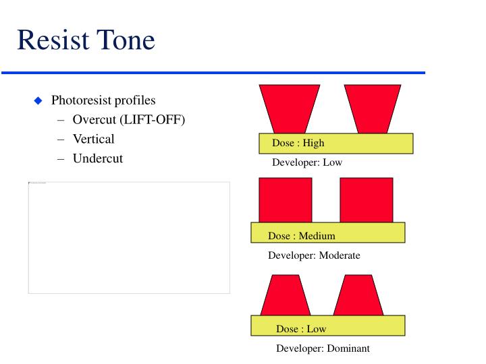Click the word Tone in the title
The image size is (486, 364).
pos(128,40)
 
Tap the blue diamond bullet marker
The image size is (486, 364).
pos(38,101)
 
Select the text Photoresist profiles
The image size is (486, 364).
pos(103,100)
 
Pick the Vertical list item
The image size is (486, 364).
pos(93,140)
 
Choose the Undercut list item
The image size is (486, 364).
pos(98,159)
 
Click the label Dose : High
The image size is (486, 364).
pos(298,143)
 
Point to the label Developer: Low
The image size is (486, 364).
pos(306,163)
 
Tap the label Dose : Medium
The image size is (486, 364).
pos(301,236)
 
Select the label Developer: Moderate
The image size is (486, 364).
pos(314,255)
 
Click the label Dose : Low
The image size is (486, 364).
pos(300,329)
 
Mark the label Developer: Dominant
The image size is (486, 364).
pos(323,348)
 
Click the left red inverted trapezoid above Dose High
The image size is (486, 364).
pos(289,108)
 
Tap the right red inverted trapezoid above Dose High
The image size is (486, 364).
pos(373,108)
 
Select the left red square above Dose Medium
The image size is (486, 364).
pos(286,200)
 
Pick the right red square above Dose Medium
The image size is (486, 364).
pos(366,200)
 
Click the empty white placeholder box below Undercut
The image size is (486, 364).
pos(129,237)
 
